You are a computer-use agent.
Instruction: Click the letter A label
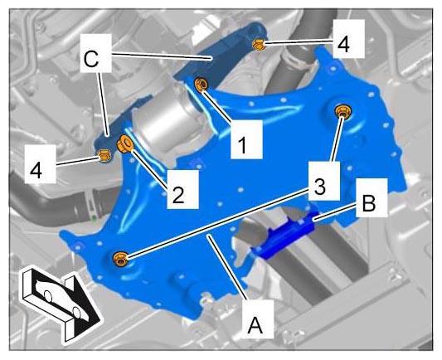[x=255, y=325]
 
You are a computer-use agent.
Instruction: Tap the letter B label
[x=368, y=202]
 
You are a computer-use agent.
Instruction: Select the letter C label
[x=91, y=59]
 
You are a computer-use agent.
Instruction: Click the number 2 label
[x=178, y=195]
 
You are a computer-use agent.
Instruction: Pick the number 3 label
[x=319, y=187]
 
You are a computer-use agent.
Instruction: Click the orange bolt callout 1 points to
[x=202, y=85]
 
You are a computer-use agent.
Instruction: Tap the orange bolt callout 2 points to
[x=124, y=144]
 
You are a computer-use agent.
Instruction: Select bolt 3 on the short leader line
[x=342, y=111]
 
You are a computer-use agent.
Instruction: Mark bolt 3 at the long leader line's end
[x=120, y=259]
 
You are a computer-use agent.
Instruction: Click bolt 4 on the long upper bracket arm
[x=259, y=45]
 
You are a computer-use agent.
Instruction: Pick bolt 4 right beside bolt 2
[x=104, y=155]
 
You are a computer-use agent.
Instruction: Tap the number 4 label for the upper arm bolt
[x=344, y=45]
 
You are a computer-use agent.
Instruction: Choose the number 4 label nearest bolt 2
[x=36, y=171]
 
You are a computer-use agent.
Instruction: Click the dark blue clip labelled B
[x=284, y=236]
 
